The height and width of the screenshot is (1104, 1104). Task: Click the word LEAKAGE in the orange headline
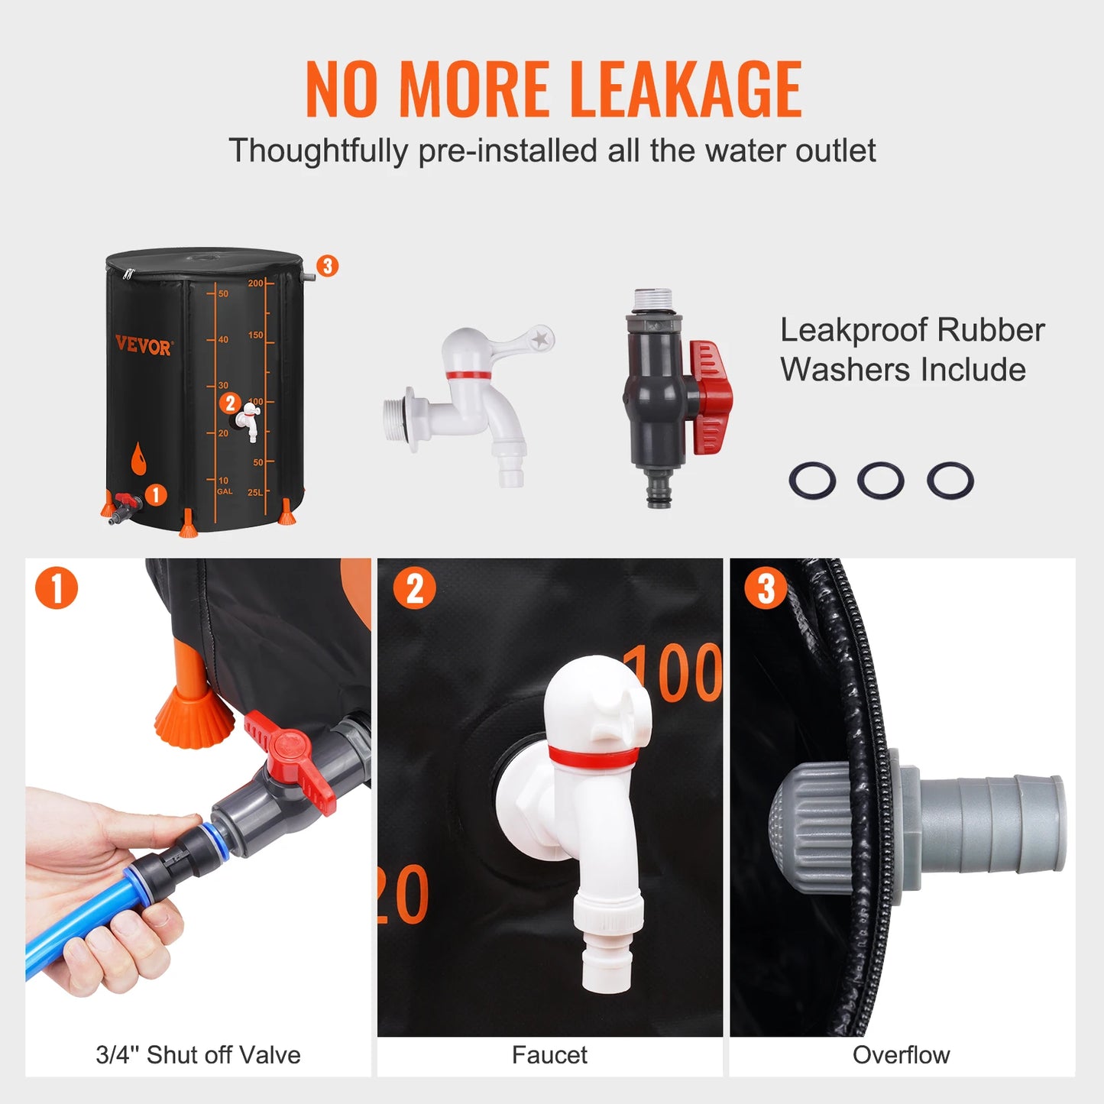click(x=685, y=89)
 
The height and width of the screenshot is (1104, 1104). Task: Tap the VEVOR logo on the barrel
click(x=144, y=346)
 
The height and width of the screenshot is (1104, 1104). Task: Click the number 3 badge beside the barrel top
click(x=327, y=266)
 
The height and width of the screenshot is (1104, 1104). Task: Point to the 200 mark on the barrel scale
click(x=255, y=283)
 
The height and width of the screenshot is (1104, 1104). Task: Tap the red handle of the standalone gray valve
click(x=711, y=397)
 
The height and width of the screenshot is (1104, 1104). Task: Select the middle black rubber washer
click(x=880, y=481)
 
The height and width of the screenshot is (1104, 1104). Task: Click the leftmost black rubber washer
click(x=811, y=481)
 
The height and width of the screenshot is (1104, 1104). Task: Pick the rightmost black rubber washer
click(x=950, y=481)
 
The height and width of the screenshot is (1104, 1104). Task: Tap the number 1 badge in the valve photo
click(x=57, y=588)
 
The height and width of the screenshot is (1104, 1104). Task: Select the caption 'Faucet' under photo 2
click(x=549, y=1055)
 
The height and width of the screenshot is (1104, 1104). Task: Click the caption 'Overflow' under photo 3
click(x=901, y=1055)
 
